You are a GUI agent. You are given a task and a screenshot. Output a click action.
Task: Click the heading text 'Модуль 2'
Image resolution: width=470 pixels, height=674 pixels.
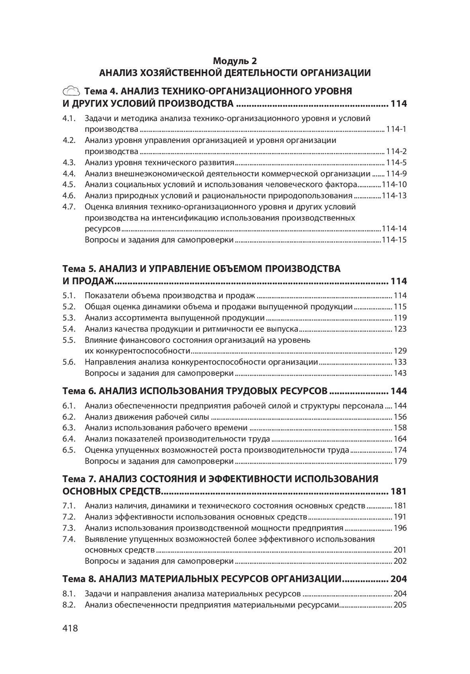coord(235,61)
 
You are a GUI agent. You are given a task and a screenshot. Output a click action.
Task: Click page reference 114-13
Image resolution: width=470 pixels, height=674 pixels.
coord(394,195)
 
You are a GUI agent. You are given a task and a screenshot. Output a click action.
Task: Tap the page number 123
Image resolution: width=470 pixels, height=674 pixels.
coord(400,329)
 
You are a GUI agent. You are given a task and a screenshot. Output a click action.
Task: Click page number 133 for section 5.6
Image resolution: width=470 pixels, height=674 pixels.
coord(400,362)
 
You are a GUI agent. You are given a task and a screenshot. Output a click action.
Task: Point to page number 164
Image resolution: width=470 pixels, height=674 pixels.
coord(400,439)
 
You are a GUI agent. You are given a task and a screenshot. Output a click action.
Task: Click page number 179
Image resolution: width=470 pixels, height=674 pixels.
coord(400,461)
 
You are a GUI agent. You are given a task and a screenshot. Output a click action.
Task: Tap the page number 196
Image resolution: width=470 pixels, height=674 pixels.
coord(400,528)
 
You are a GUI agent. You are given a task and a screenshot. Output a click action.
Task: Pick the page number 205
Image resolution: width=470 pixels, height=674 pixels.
coord(400,605)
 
